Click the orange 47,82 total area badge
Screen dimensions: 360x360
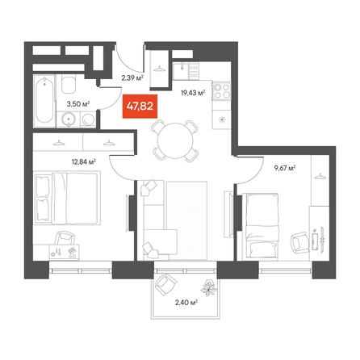[x=140, y=107]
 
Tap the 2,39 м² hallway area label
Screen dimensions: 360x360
[x=132, y=78]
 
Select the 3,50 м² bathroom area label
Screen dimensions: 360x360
[x=78, y=104]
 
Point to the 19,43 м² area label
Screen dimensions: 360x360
[x=193, y=93]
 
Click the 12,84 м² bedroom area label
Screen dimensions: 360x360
[x=84, y=161]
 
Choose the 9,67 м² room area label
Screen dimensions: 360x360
[x=285, y=168]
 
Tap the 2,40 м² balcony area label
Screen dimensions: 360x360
[x=186, y=303]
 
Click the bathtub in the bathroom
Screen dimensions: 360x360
[x=44, y=101]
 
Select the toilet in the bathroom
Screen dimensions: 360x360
[x=69, y=84]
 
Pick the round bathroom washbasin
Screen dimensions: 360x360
[x=69, y=119]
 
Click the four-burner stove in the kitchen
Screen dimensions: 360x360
[x=222, y=91]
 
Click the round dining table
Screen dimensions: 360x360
[x=175, y=140]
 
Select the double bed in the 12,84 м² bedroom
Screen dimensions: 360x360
[x=67, y=198]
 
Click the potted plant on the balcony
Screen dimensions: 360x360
[x=209, y=287]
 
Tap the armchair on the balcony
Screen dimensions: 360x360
[x=166, y=284]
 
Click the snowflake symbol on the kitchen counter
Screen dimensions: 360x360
[x=221, y=119]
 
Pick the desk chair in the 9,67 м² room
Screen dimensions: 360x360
[x=300, y=242]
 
